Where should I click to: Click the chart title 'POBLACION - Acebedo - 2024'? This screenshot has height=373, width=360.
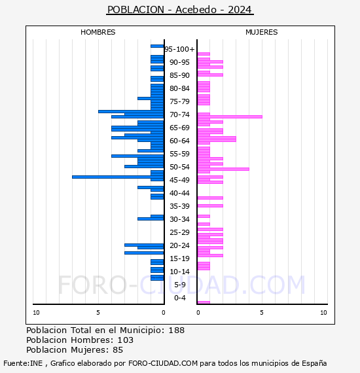click(x=179, y=10)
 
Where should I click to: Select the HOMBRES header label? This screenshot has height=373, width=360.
click(x=98, y=32)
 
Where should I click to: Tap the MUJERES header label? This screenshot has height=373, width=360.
click(x=261, y=32)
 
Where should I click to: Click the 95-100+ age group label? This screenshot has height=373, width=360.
click(x=179, y=49)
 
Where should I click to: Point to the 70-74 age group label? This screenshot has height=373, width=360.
click(x=179, y=115)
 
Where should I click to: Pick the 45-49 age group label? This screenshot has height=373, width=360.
click(x=179, y=180)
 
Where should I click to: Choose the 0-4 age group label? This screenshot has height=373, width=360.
click(x=179, y=298)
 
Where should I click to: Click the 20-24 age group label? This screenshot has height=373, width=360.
click(x=179, y=245)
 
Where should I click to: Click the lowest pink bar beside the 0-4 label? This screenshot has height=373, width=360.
click(x=204, y=302)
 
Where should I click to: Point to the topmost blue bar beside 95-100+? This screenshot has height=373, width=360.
click(x=156, y=46)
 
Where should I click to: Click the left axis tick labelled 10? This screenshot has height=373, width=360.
click(x=36, y=313)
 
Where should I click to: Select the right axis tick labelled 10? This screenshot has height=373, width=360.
click(x=323, y=313)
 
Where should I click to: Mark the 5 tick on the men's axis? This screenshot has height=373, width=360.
click(x=98, y=313)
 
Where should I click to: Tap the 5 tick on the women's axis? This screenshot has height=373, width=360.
click(x=261, y=313)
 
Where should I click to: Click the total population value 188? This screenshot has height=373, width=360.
click(x=177, y=330)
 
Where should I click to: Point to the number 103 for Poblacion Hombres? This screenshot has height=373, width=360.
click(x=125, y=340)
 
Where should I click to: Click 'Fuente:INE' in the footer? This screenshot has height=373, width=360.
click(x=23, y=363)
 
